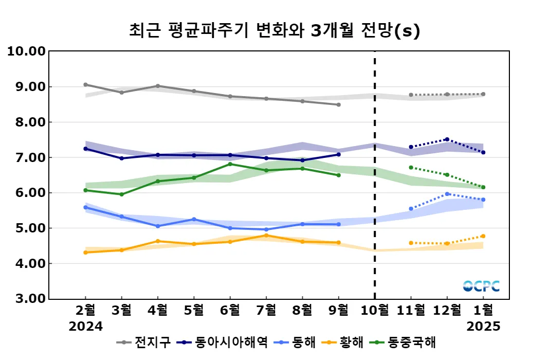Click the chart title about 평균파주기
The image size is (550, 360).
click(274, 31)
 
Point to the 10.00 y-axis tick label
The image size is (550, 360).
click(25, 51)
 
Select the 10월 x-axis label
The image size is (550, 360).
click(374, 310)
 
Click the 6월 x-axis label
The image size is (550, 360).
click(230, 310)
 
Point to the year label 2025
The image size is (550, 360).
click(483, 327)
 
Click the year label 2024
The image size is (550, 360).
click(86, 327)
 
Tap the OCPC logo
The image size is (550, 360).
click(481, 286)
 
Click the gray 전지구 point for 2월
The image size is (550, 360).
click(85, 85)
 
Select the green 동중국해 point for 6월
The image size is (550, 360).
click(230, 164)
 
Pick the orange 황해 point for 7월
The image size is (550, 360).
click(266, 236)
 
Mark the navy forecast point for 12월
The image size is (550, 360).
click(447, 139)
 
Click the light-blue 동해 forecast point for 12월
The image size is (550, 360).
click(447, 194)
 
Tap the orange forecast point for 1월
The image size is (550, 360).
click(483, 236)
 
